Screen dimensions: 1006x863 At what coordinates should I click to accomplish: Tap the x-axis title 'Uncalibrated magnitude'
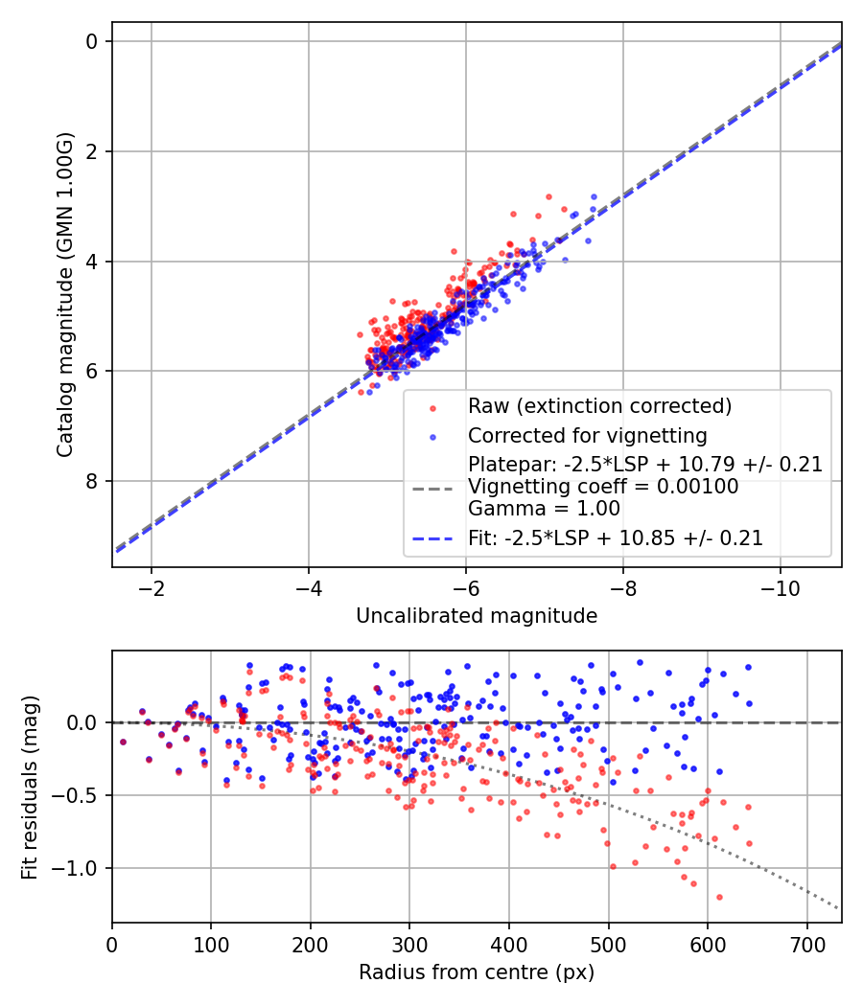pyautogui.click(x=477, y=616)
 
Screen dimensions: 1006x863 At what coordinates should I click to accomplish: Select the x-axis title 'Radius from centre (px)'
pyautogui.click(x=477, y=972)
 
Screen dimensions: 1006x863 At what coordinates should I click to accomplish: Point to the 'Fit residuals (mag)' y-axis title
pyautogui.click(x=30, y=787)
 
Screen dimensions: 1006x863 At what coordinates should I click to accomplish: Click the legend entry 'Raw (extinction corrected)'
pyautogui.click(x=599, y=406)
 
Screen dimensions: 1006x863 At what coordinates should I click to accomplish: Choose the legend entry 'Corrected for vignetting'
pyautogui.click(x=587, y=436)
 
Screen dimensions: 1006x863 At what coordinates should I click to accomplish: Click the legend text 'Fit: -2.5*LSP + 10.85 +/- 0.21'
pyautogui.click(x=616, y=538)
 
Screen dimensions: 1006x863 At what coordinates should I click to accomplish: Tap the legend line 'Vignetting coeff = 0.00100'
pyautogui.click(x=603, y=487)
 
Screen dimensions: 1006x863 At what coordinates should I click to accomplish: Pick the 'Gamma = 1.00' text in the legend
pyautogui.click(x=544, y=509)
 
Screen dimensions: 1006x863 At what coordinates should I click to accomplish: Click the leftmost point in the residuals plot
pyautogui.click(x=123, y=742)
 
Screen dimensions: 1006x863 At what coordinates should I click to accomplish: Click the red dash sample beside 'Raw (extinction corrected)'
pyautogui.click(x=431, y=407)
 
